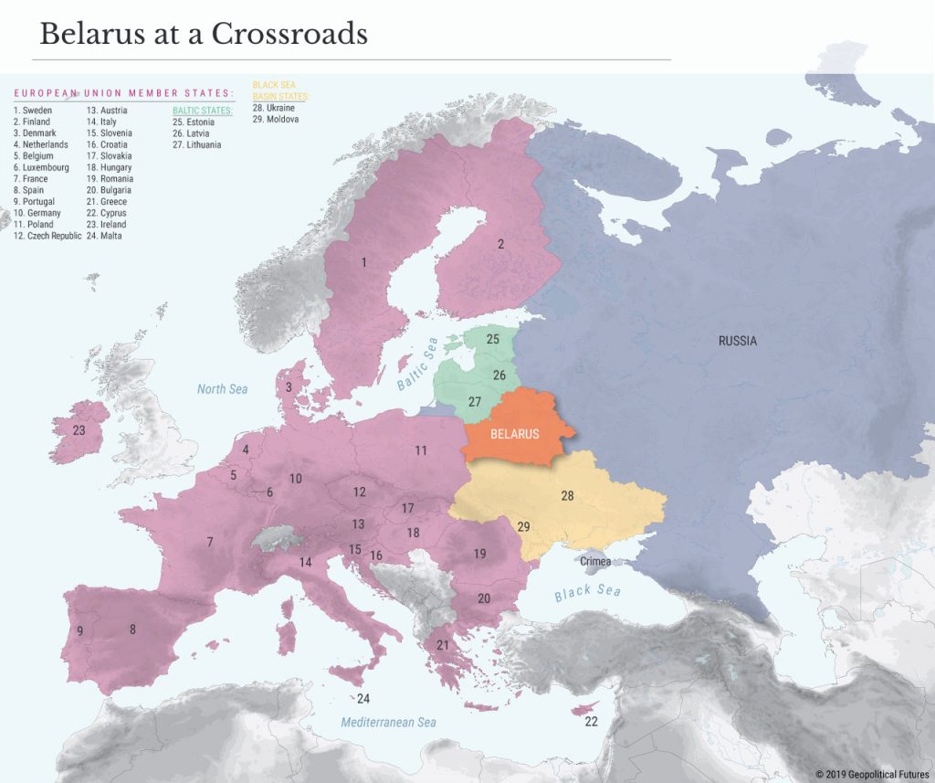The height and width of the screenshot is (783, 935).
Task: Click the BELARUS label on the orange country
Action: (514, 434)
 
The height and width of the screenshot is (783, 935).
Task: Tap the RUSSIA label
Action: (737, 341)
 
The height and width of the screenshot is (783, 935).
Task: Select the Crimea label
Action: (595, 562)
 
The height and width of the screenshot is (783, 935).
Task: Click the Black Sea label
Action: (587, 592)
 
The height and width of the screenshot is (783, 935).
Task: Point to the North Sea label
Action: (222, 389)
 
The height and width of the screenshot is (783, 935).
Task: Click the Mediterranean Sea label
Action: (388, 723)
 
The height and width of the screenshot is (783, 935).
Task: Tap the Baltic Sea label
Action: (418, 364)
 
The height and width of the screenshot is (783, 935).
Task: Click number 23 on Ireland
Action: (79, 430)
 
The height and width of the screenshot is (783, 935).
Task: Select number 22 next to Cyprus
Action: (591, 722)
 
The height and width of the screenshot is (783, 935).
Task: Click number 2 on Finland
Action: (500, 244)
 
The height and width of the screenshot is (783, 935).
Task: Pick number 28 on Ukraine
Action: (567, 496)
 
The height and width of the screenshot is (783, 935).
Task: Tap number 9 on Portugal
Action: (79, 630)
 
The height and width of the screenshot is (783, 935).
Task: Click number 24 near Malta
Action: (363, 699)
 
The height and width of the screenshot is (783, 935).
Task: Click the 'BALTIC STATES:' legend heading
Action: (203, 111)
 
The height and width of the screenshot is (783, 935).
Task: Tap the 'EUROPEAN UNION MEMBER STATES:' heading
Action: (122, 93)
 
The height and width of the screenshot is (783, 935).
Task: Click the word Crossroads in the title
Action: (289, 34)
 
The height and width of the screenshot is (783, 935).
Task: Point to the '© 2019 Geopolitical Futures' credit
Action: (871, 773)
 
